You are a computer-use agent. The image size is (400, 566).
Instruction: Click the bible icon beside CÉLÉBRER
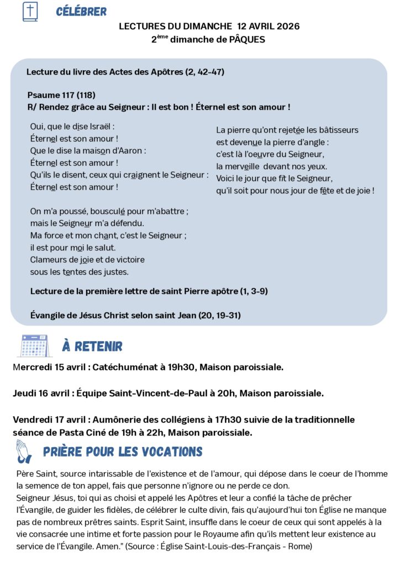[30, 12]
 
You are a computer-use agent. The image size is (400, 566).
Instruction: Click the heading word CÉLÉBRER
[81, 12]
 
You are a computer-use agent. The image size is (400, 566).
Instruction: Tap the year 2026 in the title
[288, 26]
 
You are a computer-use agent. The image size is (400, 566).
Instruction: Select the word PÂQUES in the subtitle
[247, 40]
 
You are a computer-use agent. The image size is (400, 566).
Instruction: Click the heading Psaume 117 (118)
[57, 95]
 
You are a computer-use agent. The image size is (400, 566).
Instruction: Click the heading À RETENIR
[92, 347]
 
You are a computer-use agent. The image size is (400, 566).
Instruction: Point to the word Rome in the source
[299, 547]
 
